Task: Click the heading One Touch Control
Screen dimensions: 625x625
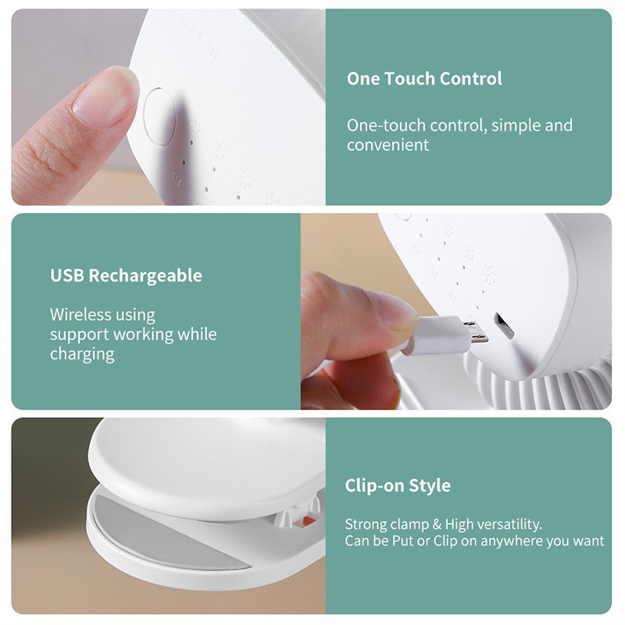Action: (424, 79)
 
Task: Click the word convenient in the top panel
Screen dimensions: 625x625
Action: (388, 145)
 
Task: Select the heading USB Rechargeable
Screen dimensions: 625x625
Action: (126, 276)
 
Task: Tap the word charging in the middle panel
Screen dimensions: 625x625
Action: (82, 354)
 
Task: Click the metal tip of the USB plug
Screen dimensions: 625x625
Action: (476, 328)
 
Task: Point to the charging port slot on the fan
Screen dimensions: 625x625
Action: (504, 326)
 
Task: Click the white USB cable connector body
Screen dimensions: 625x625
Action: (437, 334)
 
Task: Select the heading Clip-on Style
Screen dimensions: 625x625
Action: (398, 486)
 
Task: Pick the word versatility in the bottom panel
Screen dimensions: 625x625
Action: (512, 524)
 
